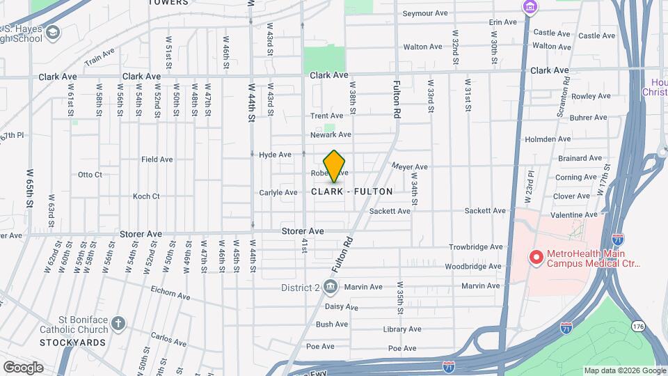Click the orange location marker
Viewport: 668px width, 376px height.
click(335, 166)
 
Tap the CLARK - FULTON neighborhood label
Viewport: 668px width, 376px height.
click(352, 191)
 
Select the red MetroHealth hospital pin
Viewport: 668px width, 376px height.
click(536, 258)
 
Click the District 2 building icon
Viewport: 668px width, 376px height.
click(331, 287)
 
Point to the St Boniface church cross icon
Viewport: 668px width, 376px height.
click(118, 324)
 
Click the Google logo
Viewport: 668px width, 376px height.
click(23, 368)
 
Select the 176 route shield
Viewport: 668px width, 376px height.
click(639, 326)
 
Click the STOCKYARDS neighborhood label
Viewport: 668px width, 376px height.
click(72, 343)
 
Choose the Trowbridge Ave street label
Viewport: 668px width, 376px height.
click(475, 246)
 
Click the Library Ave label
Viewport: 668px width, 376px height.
click(402, 329)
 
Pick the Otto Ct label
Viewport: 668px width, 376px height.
click(90, 175)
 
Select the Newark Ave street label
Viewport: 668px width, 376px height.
click(331, 134)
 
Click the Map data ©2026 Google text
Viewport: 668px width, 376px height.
click(624, 370)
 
